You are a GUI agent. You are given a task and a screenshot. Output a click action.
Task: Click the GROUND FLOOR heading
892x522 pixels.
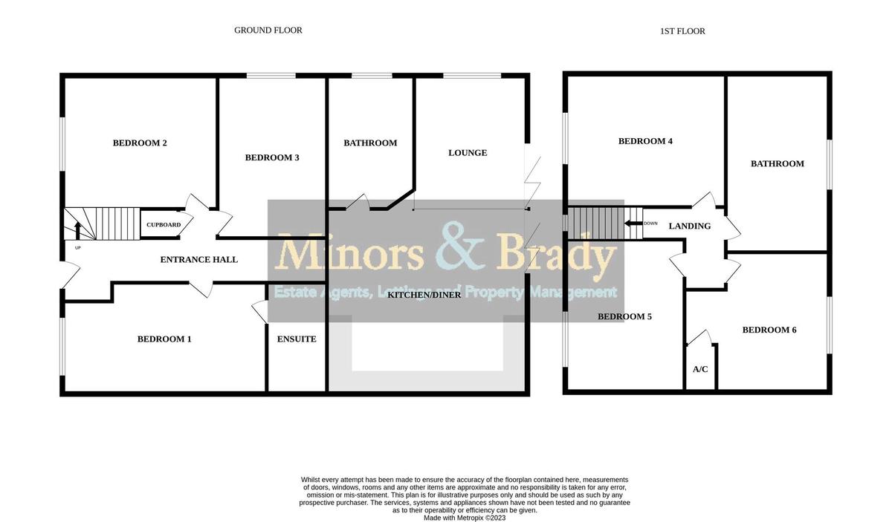[x=268, y=30]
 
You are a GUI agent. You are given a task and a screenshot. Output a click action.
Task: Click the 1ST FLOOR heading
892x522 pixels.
[x=682, y=31]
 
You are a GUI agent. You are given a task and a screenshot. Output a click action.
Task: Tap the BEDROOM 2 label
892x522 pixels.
[x=139, y=143]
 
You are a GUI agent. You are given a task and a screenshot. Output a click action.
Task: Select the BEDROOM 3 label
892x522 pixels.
[x=272, y=157]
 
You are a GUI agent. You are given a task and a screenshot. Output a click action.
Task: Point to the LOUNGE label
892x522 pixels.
[x=468, y=153]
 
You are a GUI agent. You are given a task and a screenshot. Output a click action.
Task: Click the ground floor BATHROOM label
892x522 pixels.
[x=370, y=143]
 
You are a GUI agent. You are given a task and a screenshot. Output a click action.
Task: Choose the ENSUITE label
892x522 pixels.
[x=297, y=339]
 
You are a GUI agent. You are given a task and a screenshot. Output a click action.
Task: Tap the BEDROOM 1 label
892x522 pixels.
[x=164, y=339]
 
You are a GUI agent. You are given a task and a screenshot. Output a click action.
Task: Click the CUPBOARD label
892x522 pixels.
[x=163, y=225]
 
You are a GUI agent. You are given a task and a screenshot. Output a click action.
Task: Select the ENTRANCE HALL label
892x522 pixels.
[x=199, y=260]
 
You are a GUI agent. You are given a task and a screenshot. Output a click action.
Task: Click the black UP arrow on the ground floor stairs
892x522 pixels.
[x=76, y=229]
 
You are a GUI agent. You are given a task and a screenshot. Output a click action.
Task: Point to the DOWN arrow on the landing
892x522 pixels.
[x=633, y=223]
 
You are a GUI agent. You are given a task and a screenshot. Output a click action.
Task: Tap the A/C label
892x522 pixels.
[x=699, y=369]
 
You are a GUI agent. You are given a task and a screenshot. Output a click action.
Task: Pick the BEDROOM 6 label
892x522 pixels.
[x=769, y=330]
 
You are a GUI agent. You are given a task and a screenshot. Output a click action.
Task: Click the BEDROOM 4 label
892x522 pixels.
[x=645, y=141]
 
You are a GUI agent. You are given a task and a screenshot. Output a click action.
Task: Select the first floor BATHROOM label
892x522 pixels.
[x=777, y=163]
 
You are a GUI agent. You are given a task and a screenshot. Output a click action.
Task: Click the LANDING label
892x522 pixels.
[x=689, y=226]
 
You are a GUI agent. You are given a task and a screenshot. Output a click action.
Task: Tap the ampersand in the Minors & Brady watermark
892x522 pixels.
[x=450, y=252]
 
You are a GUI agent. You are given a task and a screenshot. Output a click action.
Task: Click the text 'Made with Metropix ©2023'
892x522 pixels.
[x=465, y=518]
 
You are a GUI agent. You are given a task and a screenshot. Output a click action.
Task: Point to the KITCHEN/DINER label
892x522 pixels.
[x=424, y=295]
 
